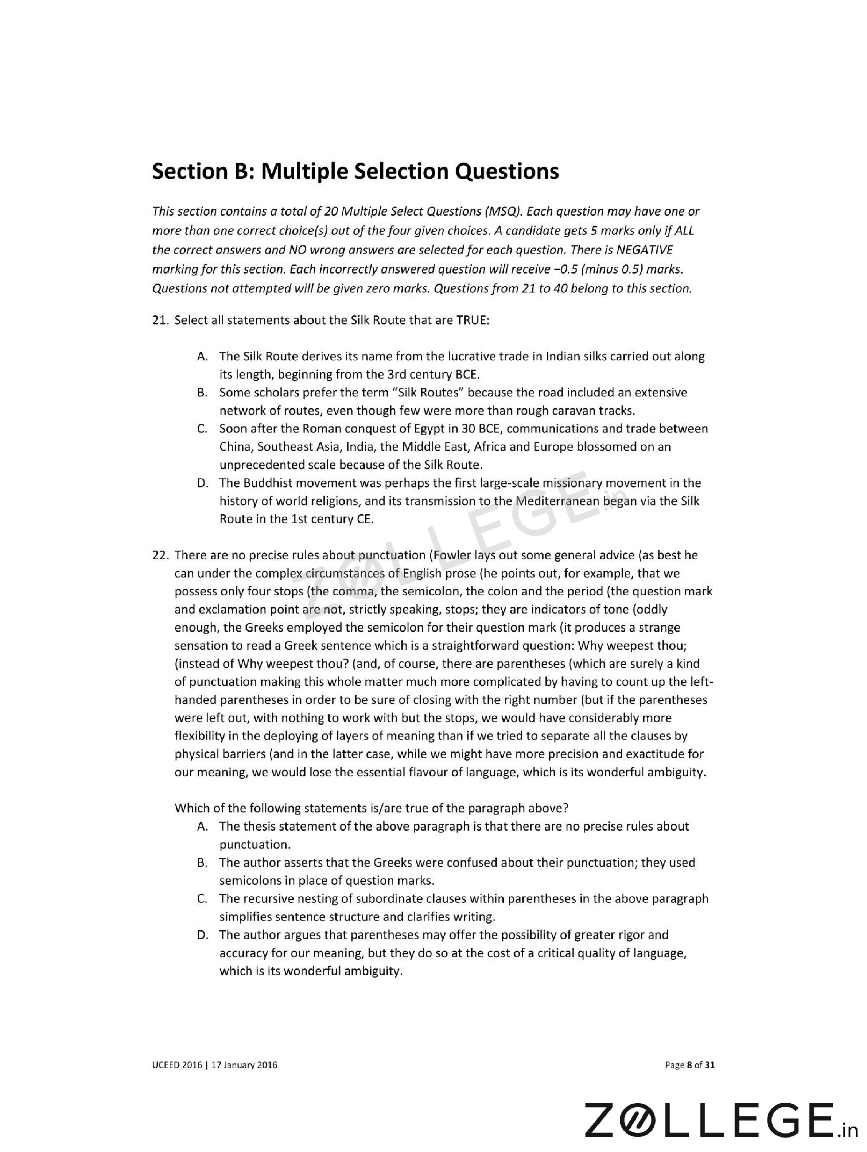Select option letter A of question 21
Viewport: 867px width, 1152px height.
[203, 357]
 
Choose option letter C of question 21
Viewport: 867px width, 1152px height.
[203, 429]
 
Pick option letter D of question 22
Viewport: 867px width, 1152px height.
[203, 935]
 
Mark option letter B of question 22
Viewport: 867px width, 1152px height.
[203, 863]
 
